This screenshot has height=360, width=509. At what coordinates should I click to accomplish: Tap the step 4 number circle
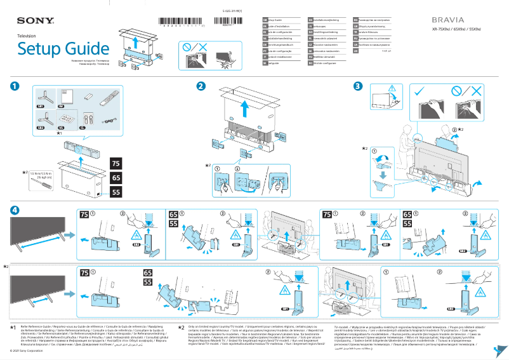click(x=13, y=210)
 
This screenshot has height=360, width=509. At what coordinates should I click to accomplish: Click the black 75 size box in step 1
click(x=116, y=164)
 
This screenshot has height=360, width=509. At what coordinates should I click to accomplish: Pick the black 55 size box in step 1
click(x=116, y=192)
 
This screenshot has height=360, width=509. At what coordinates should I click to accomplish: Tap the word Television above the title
click(x=27, y=36)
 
